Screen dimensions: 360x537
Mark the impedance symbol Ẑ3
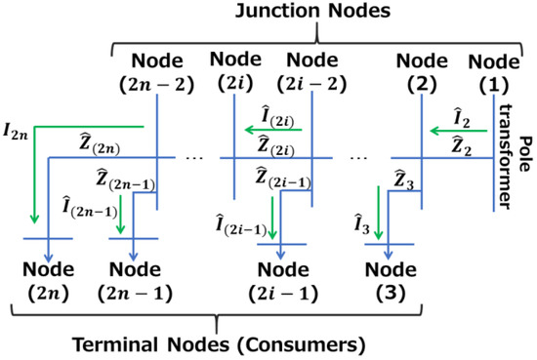pos(390,178)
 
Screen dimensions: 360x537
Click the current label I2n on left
pos(16,126)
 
